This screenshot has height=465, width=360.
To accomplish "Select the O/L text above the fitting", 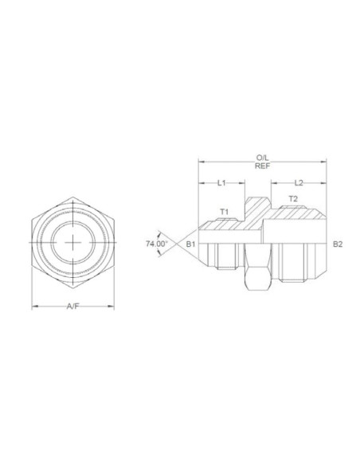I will (262, 158).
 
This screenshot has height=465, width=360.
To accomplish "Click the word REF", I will (262, 166).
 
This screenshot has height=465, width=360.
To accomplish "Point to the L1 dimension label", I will (222, 182).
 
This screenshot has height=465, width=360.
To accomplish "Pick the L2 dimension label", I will (299, 182).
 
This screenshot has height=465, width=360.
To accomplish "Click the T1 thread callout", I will (224, 213).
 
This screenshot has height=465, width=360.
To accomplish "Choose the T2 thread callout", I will (292, 197).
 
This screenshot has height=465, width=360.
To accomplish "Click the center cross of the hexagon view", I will (73, 242).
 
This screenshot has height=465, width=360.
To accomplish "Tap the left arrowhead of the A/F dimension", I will (33, 307).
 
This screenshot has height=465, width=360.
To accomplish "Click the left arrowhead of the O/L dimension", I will (201, 162).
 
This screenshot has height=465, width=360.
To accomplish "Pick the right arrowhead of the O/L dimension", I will (325, 162).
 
